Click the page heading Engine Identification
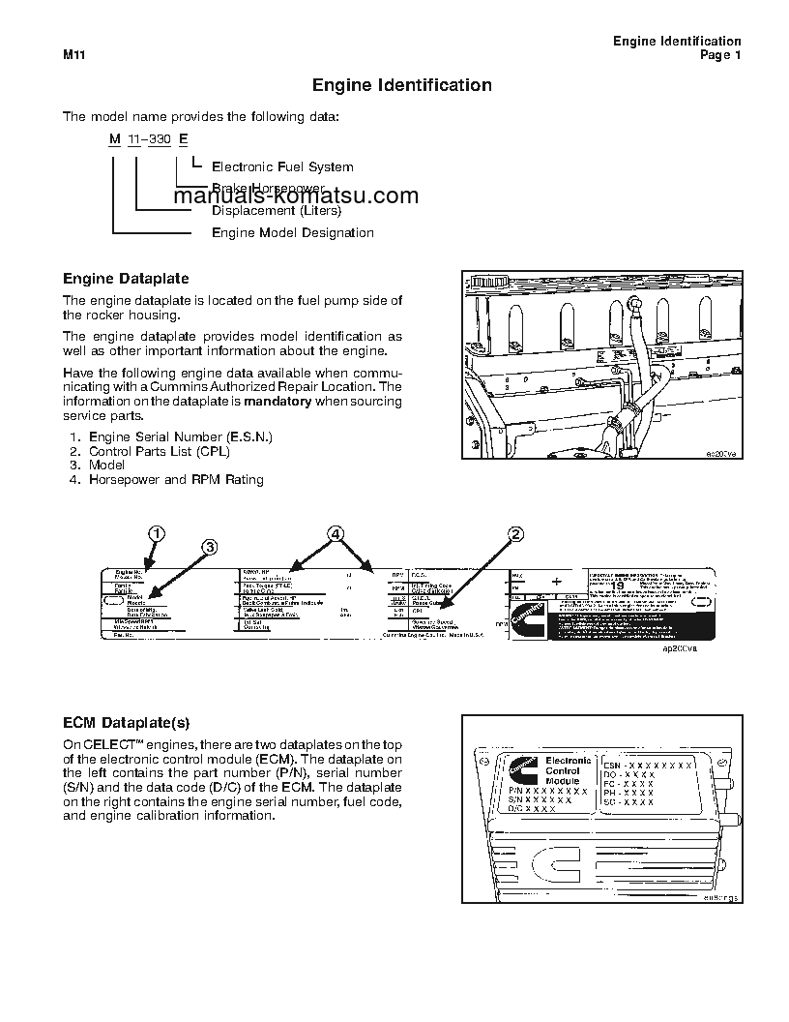click(x=401, y=85)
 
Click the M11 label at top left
click(x=75, y=56)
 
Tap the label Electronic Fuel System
click(x=282, y=167)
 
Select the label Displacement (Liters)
click(x=277, y=210)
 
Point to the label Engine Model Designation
click(x=292, y=232)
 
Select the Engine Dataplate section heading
click(x=126, y=279)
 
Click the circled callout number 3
click(x=209, y=547)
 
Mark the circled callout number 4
click(x=335, y=534)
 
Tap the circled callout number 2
click(x=516, y=534)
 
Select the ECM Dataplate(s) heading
click(x=127, y=723)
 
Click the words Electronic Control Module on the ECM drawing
click(x=562, y=770)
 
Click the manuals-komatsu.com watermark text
click(x=296, y=196)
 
